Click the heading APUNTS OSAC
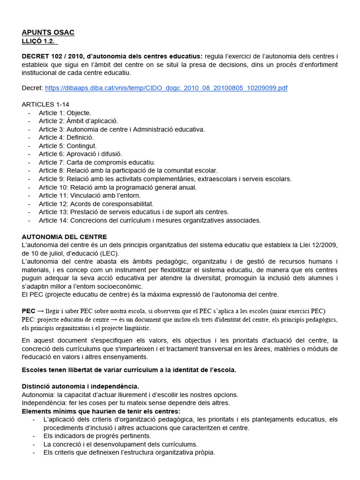[x=48, y=32]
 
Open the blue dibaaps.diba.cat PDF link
[x=166, y=88]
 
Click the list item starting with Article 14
[x=150, y=220]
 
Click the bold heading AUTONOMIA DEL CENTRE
[x=64, y=237]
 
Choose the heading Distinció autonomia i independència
[x=80, y=386]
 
